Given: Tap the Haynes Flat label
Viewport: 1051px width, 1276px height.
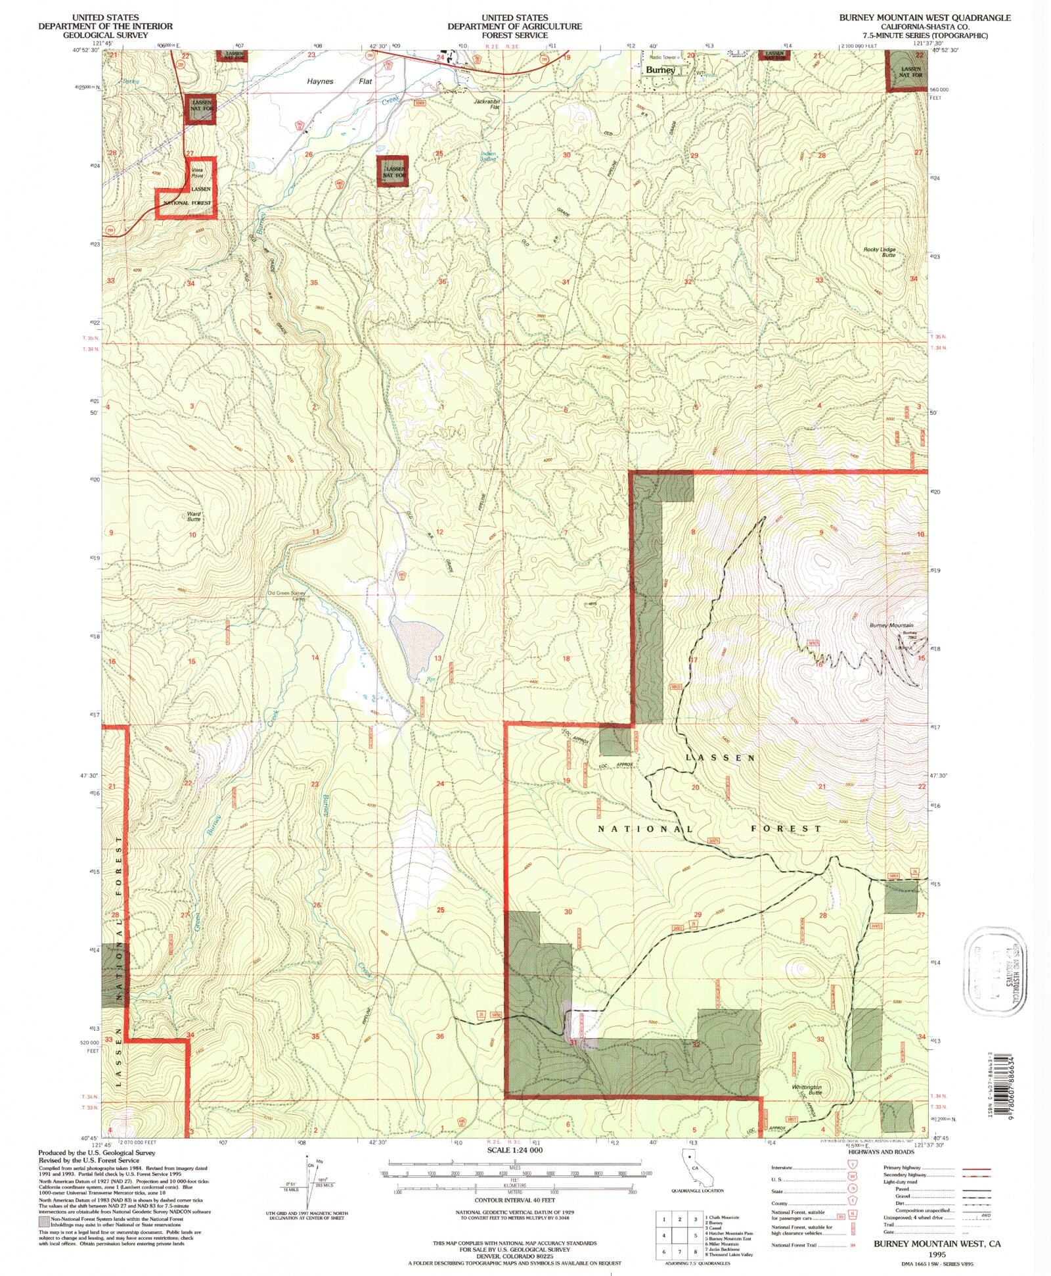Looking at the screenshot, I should click(340, 82).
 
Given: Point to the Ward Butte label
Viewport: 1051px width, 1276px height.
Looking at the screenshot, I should click(194, 516).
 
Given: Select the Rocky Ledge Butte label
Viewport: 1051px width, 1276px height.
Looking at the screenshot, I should click(880, 252).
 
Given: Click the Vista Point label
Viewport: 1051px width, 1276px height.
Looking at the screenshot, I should click(197, 173).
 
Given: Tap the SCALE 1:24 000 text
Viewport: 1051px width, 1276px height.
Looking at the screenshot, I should click(514, 1150).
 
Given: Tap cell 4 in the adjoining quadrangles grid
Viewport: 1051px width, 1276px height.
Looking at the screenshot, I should click(665, 1237).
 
